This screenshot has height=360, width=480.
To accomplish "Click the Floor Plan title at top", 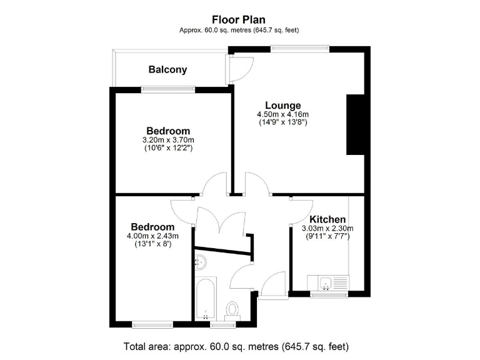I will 240,19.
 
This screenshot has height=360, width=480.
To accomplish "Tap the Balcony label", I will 167,69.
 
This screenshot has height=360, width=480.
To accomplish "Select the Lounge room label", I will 282,105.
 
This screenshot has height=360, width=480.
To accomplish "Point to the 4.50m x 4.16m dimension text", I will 282,114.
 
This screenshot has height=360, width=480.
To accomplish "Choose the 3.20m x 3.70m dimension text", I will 168,139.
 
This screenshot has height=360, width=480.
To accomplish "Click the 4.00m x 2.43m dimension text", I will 152,236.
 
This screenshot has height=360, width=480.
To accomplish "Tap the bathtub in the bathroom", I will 205,299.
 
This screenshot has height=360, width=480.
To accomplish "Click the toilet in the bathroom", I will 232,309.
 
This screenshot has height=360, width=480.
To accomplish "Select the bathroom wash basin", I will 201,262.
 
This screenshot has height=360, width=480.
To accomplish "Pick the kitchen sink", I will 326,284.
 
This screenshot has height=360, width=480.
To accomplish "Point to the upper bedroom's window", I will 168,89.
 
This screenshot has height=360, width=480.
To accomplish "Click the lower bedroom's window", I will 152,324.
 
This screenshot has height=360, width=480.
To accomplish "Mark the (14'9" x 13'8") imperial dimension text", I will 282,123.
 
